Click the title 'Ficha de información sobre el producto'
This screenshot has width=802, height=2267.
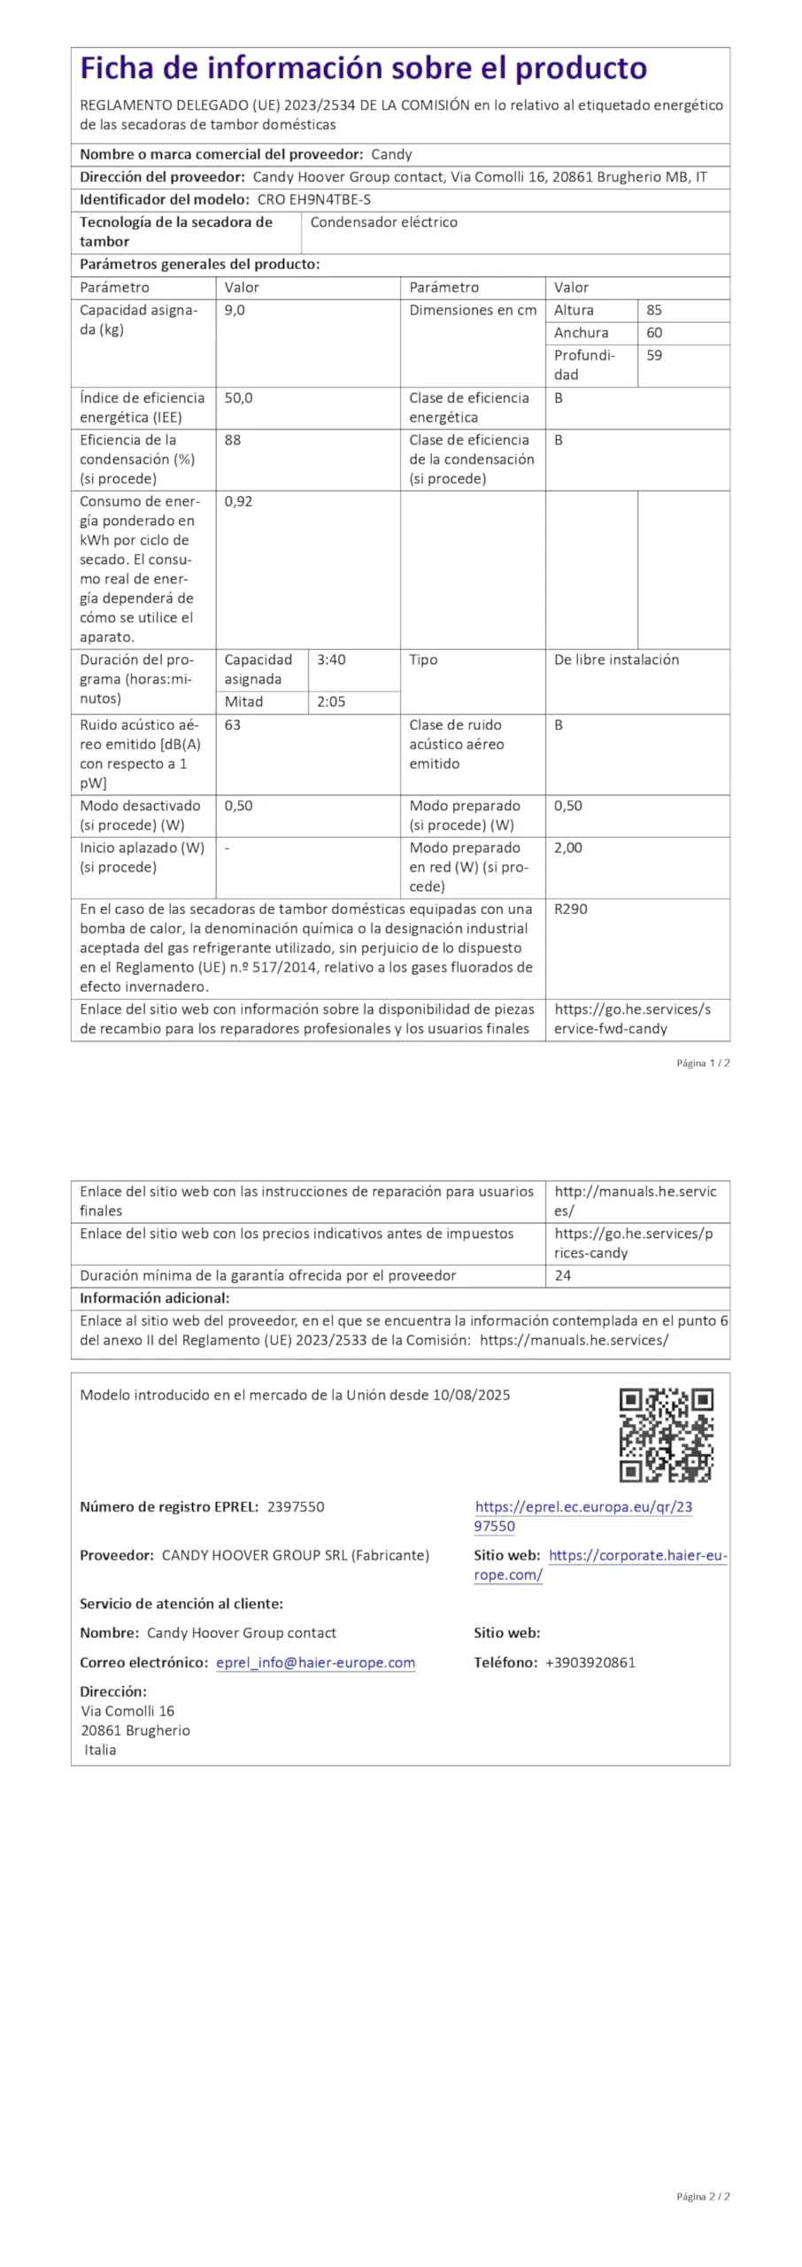363,68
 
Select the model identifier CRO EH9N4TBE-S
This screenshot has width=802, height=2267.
314,200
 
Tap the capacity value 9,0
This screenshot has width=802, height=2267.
235,311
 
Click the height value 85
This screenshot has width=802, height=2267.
654,311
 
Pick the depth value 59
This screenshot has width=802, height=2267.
654,356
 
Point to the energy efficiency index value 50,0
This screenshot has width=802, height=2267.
238,398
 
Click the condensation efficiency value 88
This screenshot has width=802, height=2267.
233,440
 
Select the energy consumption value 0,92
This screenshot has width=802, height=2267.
238,501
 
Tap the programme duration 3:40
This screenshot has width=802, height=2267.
331,660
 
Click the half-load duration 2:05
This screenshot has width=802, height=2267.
331,702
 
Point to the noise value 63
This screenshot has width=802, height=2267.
233,725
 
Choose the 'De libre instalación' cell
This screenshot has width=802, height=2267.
616,660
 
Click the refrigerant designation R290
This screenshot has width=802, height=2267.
571,909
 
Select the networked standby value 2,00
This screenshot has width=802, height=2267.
568,848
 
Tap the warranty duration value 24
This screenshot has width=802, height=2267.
563,1276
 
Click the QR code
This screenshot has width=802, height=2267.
666,1435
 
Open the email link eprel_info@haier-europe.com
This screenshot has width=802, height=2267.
315,1663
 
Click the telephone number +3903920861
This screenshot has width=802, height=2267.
590,1663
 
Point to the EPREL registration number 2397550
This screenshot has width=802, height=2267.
296,1507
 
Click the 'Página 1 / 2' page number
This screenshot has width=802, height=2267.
703,1064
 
